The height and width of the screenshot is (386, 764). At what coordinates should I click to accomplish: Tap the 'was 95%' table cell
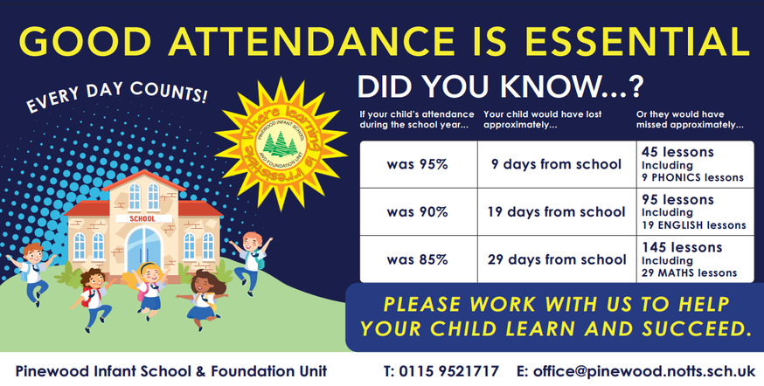pyautogui.click(x=419, y=164)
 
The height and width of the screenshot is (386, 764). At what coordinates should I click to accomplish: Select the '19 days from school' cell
pyautogui.click(x=557, y=211)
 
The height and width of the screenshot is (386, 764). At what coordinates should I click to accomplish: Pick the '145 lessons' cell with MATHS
pyautogui.click(x=695, y=259)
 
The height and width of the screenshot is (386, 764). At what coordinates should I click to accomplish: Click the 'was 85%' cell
pyautogui.click(x=419, y=259)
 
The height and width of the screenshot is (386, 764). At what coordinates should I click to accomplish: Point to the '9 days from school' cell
pyautogui.click(x=557, y=164)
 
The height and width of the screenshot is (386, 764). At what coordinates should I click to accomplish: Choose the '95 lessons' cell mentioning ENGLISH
pyautogui.click(x=695, y=211)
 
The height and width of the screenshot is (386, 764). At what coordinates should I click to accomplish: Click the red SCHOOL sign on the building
pyautogui.click(x=142, y=219)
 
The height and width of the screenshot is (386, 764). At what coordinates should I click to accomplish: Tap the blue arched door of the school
pyautogui.click(x=143, y=249)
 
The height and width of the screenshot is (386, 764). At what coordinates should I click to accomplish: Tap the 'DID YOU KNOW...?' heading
pyautogui.click(x=500, y=86)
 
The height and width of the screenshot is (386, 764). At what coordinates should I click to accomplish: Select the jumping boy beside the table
pyautogui.click(x=251, y=260)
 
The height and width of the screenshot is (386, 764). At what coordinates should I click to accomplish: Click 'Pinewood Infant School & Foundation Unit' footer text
pyautogui.click(x=171, y=371)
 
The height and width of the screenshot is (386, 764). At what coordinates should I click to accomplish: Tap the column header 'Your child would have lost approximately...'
pyautogui.click(x=542, y=120)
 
